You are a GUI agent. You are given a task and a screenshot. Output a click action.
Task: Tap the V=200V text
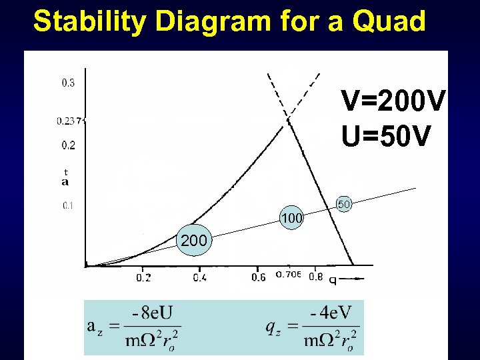(x=393, y=102)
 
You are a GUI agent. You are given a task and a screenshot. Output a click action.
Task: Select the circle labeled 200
(x=193, y=241)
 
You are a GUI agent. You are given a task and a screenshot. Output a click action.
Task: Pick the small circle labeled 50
(x=343, y=204)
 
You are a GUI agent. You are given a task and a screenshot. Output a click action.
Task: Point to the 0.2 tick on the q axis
(x=143, y=277)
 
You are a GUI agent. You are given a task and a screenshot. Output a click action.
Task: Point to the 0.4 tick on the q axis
(x=199, y=277)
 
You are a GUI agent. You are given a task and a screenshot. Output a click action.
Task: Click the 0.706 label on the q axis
(x=288, y=274)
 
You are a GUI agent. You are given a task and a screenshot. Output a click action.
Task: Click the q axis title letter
(x=332, y=280)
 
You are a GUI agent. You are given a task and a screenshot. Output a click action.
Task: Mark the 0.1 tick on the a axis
(x=68, y=205)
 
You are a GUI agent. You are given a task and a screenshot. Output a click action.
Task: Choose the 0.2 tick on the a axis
(x=68, y=145)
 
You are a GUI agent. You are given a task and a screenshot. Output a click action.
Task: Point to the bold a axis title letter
(x=65, y=181)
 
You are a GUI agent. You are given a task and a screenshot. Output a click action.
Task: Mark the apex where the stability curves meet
(x=289, y=120)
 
